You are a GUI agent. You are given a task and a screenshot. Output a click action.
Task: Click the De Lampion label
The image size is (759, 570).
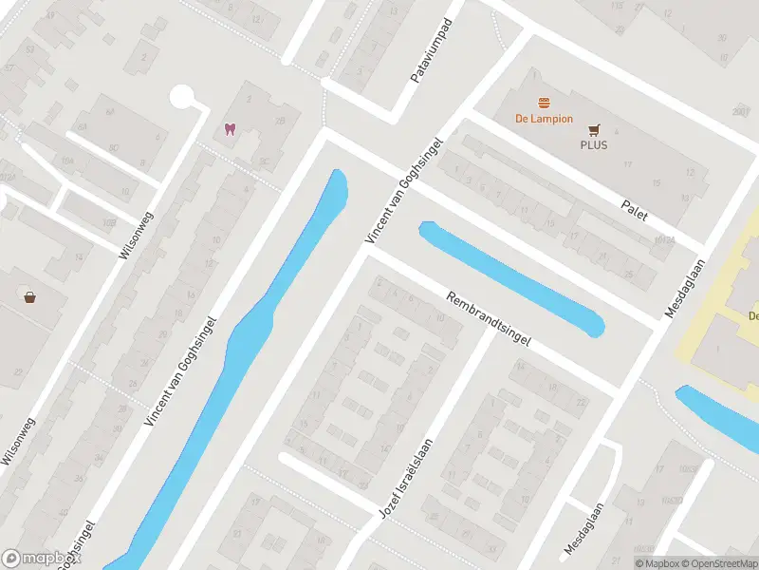tap(544, 119)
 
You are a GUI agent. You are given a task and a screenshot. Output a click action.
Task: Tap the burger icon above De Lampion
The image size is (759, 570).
tap(544, 103)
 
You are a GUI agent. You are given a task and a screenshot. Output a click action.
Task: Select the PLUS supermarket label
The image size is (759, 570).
tap(594, 145)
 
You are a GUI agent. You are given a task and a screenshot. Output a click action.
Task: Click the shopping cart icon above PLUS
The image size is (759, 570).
tap(594, 130)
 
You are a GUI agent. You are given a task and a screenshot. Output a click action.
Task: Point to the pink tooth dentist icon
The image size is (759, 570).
tap(229, 129)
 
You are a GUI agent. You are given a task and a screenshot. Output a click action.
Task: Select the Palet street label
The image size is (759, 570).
tap(634, 210)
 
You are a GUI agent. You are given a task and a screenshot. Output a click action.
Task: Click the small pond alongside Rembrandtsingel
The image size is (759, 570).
tap(512, 277)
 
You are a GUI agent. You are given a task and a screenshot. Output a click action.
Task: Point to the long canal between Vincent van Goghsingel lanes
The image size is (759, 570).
tap(237, 361)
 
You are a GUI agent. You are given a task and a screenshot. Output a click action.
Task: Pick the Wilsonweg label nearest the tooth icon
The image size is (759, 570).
tap(136, 235)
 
